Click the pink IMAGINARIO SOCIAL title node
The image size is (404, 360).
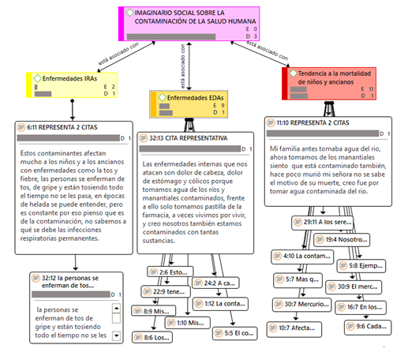[189, 23]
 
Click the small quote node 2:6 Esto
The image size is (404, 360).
[169, 272]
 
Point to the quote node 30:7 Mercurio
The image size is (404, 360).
[300, 303]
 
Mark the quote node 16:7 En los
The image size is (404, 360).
[365, 306]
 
